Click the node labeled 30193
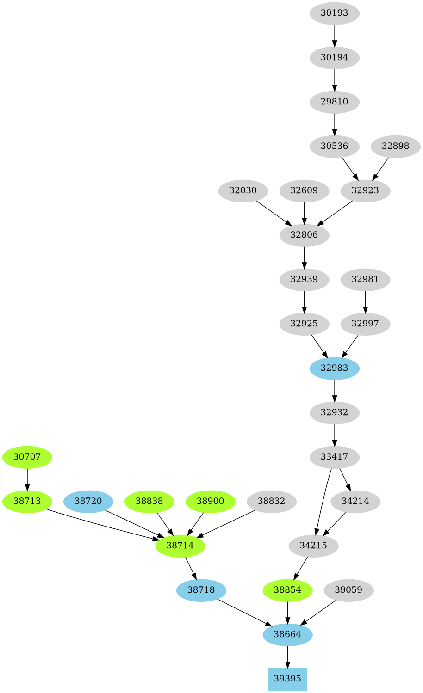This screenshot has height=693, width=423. [334, 13]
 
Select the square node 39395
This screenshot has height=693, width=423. [287, 679]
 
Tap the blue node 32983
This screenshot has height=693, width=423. [334, 368]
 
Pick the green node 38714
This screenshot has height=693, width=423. [180, 546]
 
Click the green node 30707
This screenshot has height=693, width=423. [27, 457]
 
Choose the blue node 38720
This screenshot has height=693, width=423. [88, 501]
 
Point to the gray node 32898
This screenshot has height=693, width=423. [395, 146]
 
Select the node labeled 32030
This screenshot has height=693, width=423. [243, 190]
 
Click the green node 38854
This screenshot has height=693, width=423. [287, 590]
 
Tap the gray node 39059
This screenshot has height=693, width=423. [348, 590]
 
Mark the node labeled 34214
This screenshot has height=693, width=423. [355, 501]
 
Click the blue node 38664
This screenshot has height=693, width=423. [287, 634]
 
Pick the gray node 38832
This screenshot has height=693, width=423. [271, 501]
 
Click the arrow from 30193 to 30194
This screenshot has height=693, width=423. [334, 35]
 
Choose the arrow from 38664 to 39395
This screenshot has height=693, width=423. [287, 656]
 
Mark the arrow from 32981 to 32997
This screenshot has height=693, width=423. [365, 301]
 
